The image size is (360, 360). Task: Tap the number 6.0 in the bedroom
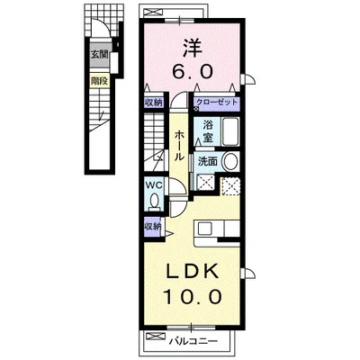click(x=191, y=68)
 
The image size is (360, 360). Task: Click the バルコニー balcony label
click(x=191, y=343)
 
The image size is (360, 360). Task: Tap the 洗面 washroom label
click(x=207, y=162)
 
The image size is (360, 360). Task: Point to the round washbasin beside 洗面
click(x=230, y=163)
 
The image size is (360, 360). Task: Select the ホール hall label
click(x=179, y=142)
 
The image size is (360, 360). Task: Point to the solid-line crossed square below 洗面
click(x=204, y=186)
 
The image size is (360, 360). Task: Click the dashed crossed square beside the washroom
click(x=230, y=187)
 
